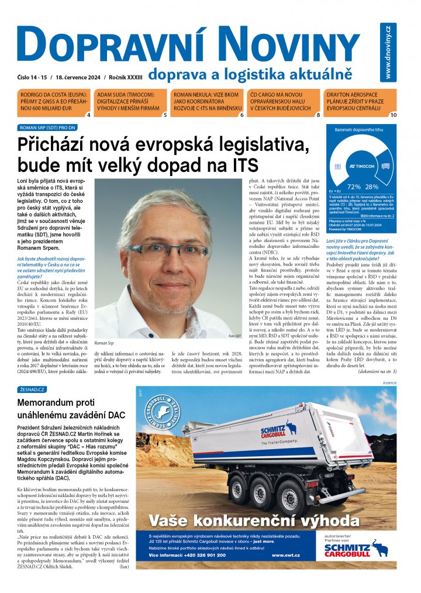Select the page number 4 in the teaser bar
click(x=88, y=115)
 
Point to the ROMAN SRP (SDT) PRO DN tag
click(x=48, y=127)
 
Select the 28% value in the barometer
click(x=372, y=186)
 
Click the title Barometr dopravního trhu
click(x=358, y=130)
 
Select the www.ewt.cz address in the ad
click(x=286, y=554)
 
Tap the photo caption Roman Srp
click(x=104, y=342)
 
